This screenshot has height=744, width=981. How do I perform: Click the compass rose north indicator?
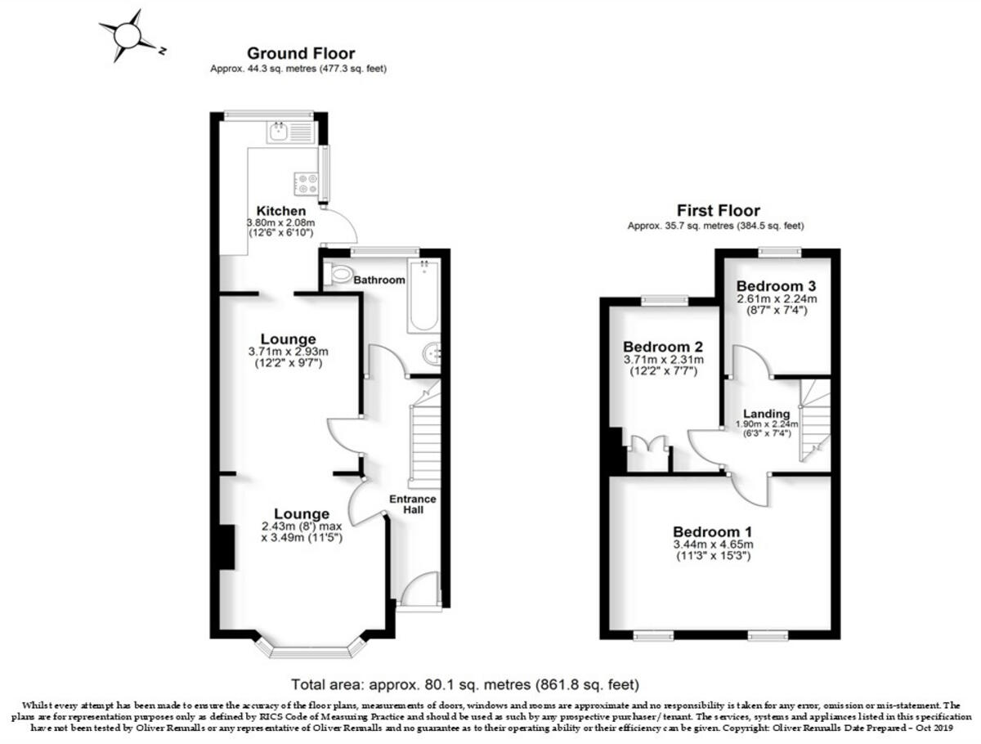coord(128,36)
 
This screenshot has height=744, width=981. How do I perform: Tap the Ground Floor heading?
coord(301,54)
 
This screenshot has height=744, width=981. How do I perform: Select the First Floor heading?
coord(718,210)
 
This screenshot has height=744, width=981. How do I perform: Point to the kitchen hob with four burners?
coord(307,184)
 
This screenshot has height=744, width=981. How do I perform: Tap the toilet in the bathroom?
coord(338,273)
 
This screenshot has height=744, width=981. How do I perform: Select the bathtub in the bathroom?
coord(423,296)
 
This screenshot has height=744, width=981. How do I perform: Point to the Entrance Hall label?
coord(413,504)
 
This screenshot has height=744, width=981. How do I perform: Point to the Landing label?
coord(767,414)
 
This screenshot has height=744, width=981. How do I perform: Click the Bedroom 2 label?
coord(662,347)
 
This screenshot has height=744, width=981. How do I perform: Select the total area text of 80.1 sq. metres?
coord(465,683)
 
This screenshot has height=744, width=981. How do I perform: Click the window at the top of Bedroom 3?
coord(778,253)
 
